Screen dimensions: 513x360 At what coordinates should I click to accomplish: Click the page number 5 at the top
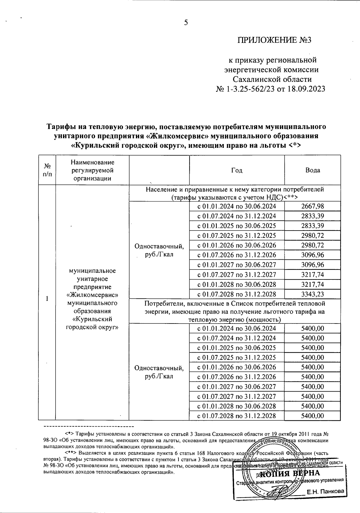click(186, 22)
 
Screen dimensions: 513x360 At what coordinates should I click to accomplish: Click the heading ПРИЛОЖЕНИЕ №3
click(275, 40)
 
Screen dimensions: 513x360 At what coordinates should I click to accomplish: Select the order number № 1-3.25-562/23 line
click(270, 89)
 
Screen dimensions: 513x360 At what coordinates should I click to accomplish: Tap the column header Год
click(237, 170)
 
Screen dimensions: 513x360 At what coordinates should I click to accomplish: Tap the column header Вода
click(313, 170)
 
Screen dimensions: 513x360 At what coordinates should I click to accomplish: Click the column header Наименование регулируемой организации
click(92, 170)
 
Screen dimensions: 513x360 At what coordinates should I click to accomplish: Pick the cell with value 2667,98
click(313, 206)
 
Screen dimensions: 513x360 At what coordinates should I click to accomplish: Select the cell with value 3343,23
click(313, 294)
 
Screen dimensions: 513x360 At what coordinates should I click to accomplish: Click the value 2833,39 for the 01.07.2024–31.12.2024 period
click(313, 216)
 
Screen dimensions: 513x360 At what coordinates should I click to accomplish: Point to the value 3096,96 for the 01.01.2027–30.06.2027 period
click(313, 265)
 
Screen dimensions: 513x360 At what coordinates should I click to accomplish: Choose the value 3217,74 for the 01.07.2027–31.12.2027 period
click(313, 275)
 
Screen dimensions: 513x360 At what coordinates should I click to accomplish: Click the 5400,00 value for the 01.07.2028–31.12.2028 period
click(313, 416)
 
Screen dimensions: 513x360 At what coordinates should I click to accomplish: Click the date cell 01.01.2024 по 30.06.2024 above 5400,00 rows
click(237, 328)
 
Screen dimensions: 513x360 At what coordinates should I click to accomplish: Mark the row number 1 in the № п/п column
click(47, 299)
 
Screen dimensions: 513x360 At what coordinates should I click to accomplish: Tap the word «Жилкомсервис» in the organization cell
click(92, 295)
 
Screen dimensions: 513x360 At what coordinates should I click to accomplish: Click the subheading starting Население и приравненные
click(235, 193)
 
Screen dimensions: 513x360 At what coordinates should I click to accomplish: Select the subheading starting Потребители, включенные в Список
click(235, 311)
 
